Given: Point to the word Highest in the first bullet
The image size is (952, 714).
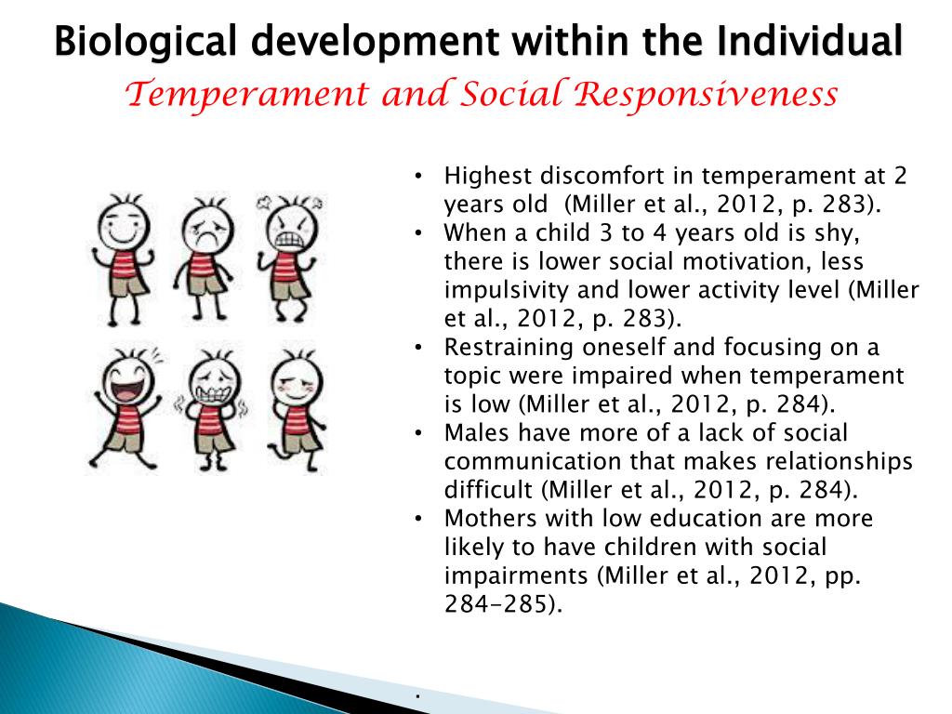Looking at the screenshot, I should (x=488, y=177).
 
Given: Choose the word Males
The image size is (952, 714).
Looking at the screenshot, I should (x=474, y=433).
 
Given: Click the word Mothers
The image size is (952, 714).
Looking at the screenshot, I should (x=489, y=519).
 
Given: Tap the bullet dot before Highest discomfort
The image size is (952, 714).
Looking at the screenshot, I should (x=419, y=177).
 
